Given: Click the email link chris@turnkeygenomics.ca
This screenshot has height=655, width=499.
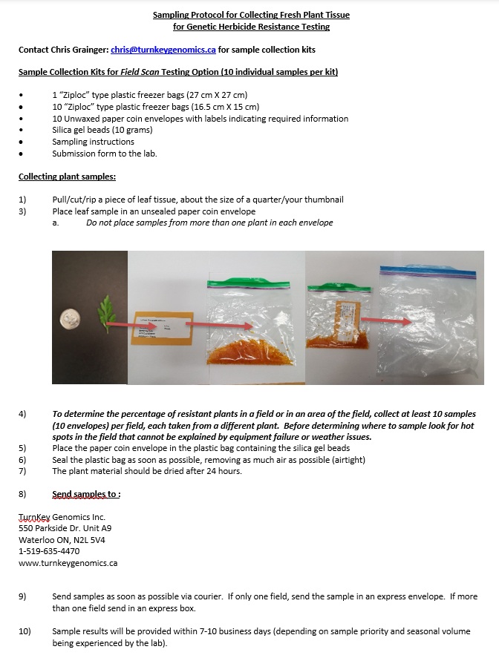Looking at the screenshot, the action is (x=163, y=50).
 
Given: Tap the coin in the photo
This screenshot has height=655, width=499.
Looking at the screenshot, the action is (x=71, y=320).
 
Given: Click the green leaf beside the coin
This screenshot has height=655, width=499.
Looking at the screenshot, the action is (x=105, y=313).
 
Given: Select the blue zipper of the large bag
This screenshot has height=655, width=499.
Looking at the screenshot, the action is (x=428, y=273).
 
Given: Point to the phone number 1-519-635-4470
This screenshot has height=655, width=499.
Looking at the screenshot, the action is (x=49, y=551).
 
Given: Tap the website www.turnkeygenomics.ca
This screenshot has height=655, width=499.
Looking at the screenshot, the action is (x=68, y=563).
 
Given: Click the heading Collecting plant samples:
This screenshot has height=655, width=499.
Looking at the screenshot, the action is (x=67, y=177).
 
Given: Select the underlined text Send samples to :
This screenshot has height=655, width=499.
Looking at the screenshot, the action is (x=86, y=494).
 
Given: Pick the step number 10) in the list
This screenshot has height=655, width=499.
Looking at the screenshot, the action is (x=25, y=631).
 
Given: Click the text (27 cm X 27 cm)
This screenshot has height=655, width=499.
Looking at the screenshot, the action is (x=217, y=95).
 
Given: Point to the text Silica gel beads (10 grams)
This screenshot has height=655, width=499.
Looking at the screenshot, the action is (x=102, y=130).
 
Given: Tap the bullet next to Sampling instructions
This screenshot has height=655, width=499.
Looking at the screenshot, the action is (x=21, y=142).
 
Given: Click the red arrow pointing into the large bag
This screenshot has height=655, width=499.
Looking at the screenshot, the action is (x=386, y=320).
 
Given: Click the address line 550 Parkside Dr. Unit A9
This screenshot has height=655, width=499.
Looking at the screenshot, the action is (x=65, y=528).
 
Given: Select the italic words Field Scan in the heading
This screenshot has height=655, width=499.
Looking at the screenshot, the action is (x=140, y=72).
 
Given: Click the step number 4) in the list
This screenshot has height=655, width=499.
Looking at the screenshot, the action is (x=22, y=414).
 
